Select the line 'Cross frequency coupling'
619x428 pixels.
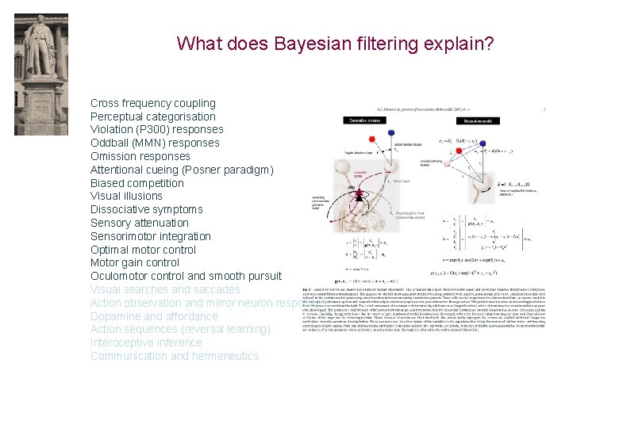152,103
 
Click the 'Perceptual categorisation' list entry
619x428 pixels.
152,117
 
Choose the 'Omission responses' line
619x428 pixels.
140,156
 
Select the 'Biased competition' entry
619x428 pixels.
136,183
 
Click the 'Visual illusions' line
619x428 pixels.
126,196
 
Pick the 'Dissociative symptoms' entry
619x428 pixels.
146,209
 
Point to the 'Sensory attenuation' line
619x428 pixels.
139,223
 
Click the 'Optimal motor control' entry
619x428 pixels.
143,250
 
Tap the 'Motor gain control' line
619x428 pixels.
134,262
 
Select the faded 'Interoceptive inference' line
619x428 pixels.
146,342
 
